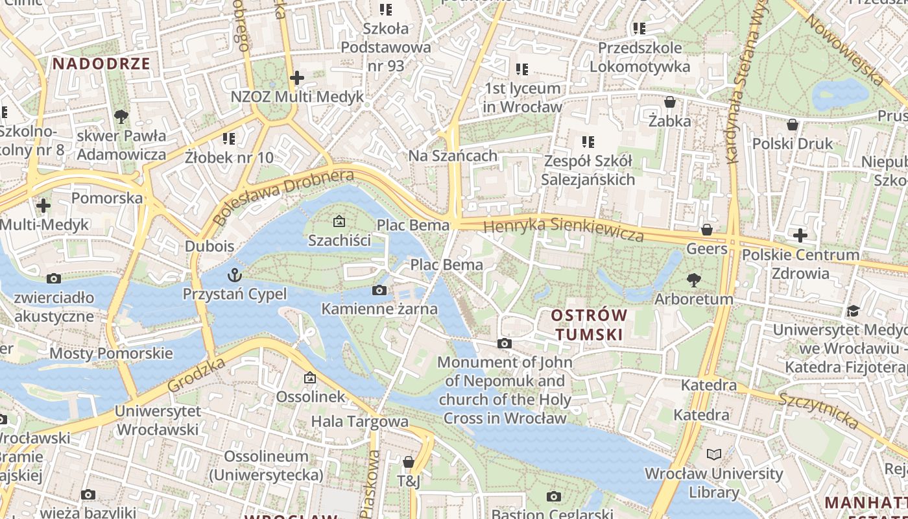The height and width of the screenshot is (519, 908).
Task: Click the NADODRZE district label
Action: coord(101,64)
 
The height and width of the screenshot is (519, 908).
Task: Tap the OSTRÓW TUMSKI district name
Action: coord(588,325)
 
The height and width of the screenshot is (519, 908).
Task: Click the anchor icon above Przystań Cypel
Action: coord(234,275)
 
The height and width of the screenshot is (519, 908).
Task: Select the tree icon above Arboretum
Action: coord(693,280)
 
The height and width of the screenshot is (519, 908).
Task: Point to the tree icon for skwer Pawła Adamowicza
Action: coord(121,117)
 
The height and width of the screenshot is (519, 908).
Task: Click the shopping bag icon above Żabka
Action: coord(670,102)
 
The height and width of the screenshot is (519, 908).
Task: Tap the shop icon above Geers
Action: coord(707,230)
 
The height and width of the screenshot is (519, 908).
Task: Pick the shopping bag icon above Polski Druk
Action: coord(792,125)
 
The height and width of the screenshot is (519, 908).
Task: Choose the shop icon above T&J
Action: coord(409,462)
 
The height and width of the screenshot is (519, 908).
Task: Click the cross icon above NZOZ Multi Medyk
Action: coord(296,78)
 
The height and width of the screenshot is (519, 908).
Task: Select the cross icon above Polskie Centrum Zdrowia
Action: coord(800,235)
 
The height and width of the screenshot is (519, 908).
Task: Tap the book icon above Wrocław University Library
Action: coord(713,454)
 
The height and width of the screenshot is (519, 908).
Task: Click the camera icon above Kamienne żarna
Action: coord(379,290)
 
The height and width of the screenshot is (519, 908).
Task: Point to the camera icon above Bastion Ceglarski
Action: coord(553,496)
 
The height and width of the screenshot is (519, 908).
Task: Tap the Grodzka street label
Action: coord(197,374)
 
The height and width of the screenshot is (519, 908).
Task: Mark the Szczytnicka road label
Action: coord(818,411)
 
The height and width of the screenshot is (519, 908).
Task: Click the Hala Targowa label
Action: coord(360,422)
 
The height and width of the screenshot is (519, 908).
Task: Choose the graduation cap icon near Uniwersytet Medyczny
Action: coord(853,311)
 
